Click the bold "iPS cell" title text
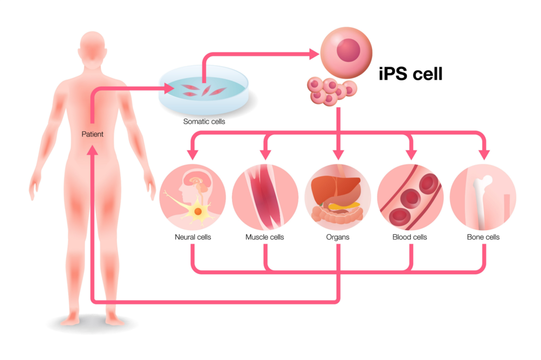click(x=411, y=74)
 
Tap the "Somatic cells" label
click(x=204, y=121)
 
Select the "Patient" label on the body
click(x=92, y=134)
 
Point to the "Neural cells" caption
click(x=193, y=237)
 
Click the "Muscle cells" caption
click(x=265, y=237)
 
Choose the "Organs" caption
click(x=338, y=237)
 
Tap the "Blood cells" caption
click(x=410, y=237)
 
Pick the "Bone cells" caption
click(x=483, y=237)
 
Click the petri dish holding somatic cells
click(x=204, y=92)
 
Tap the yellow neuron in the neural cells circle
click(x=198, y=211)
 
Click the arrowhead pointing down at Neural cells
click(x=193, y=154)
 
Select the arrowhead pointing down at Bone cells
click(x=483, y=154)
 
